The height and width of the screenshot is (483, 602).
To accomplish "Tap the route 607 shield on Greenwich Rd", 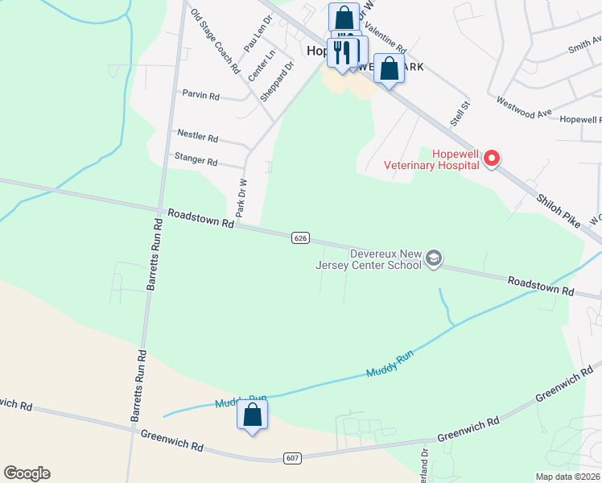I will click(294, 457).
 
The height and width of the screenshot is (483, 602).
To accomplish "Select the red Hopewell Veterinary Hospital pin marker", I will click(491, 160).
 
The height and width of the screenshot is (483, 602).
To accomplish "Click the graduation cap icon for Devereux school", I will click(434, 258).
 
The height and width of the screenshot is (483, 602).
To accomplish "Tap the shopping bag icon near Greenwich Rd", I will click(252, 416).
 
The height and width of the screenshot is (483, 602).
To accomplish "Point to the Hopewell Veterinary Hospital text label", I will click(456, 159).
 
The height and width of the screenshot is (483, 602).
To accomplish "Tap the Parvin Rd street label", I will click(200, 96).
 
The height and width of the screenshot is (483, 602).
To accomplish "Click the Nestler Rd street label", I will click(197, 137).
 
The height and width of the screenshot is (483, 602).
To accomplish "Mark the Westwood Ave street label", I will click(524, 108).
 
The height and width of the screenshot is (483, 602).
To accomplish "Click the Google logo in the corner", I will click(27, 473).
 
